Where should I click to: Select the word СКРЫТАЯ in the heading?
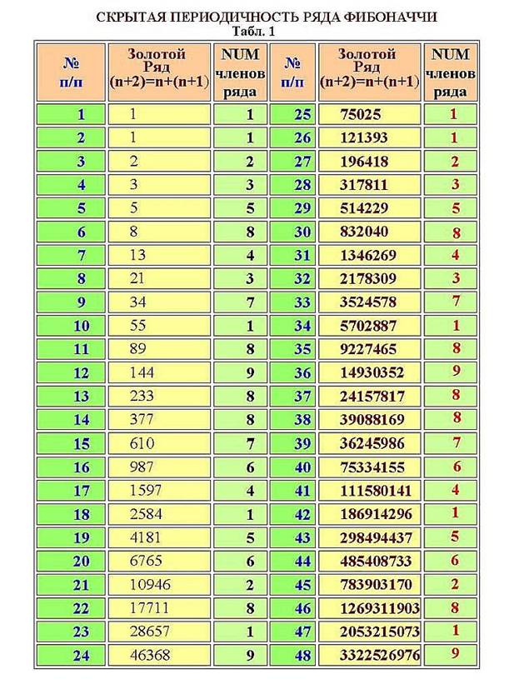pyautogui.click(x=132, y=17)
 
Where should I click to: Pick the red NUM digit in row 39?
pyautogui.click(x=456, y=442)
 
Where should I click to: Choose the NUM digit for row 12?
pyautogui.click(x=249, y=372)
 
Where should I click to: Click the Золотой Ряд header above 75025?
pyautogui.click(x=367, y=67)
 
